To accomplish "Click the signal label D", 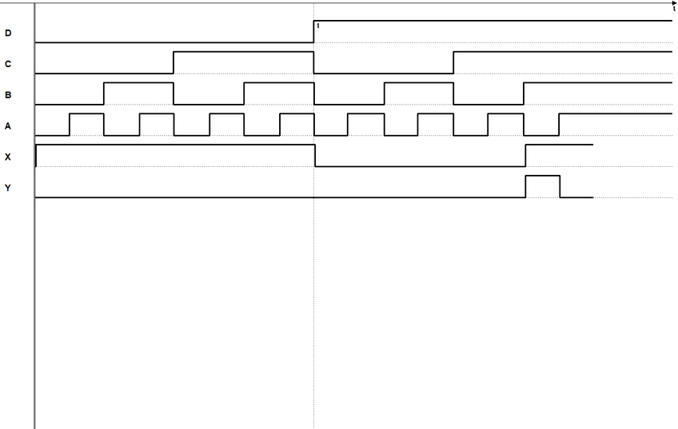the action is point(8,33).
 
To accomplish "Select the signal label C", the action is point(8,64).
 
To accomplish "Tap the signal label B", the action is point(8,95).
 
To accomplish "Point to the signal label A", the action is point(8,126).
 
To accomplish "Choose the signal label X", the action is point(8,157).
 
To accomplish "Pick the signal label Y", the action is point(8,189).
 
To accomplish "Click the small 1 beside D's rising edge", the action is point(318,26).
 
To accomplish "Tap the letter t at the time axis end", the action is point(673,9).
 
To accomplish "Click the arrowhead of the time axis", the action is point(674,3).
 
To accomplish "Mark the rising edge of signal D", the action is point(314,31).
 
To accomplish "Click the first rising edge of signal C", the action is point(174,62).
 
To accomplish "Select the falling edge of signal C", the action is point(314,62).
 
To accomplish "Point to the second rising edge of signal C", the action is point(453,62).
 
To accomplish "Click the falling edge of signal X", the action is point(316,156).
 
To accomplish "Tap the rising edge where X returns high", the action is point(525,156).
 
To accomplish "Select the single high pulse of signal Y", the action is point(542,176).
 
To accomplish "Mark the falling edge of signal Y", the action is point(560,186).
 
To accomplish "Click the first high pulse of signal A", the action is point(86,114).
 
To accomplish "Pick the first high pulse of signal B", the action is point(138,83).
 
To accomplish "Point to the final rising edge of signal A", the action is point(559,125).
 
